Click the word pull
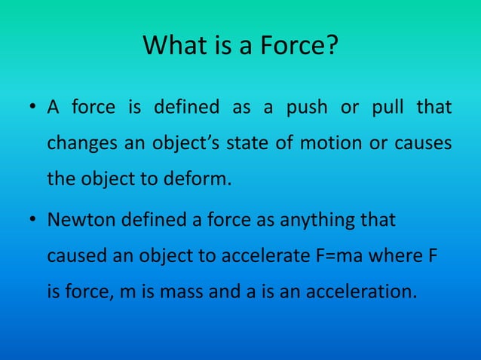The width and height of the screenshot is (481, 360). tap(389, 108)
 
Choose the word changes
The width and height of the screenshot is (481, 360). tap(75, 143)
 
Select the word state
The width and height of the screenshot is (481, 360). tap(237, 143)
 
